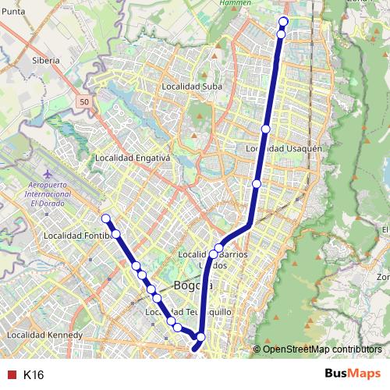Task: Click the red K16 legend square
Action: pyautogui.click(x=11, y=375)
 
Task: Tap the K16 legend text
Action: pyautogui.click(x=34, y=375)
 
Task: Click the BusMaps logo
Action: pyautogui.click(x=353, y=374)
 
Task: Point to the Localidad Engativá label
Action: pyautogui.click(x=132, y=158)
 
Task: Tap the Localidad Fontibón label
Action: pyautogui.click(x=74, y=235)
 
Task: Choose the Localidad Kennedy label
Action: pyautogui.click(x=44, y=335)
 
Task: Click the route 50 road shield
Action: pyautogui.click(x=83, y=101)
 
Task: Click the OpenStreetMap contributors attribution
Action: pyautogui.click(x=322, y=349)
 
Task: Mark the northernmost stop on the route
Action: pyautogui.click(x=283, y=22)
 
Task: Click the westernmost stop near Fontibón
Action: pyautogui.click(x=106, y=218)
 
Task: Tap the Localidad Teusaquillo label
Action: pyautogui.click(x=180, y=312)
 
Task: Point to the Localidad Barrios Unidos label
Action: pyautogui.click(x=213, y=259)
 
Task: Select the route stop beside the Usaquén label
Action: pyautogui.click(x=266, y=129)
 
